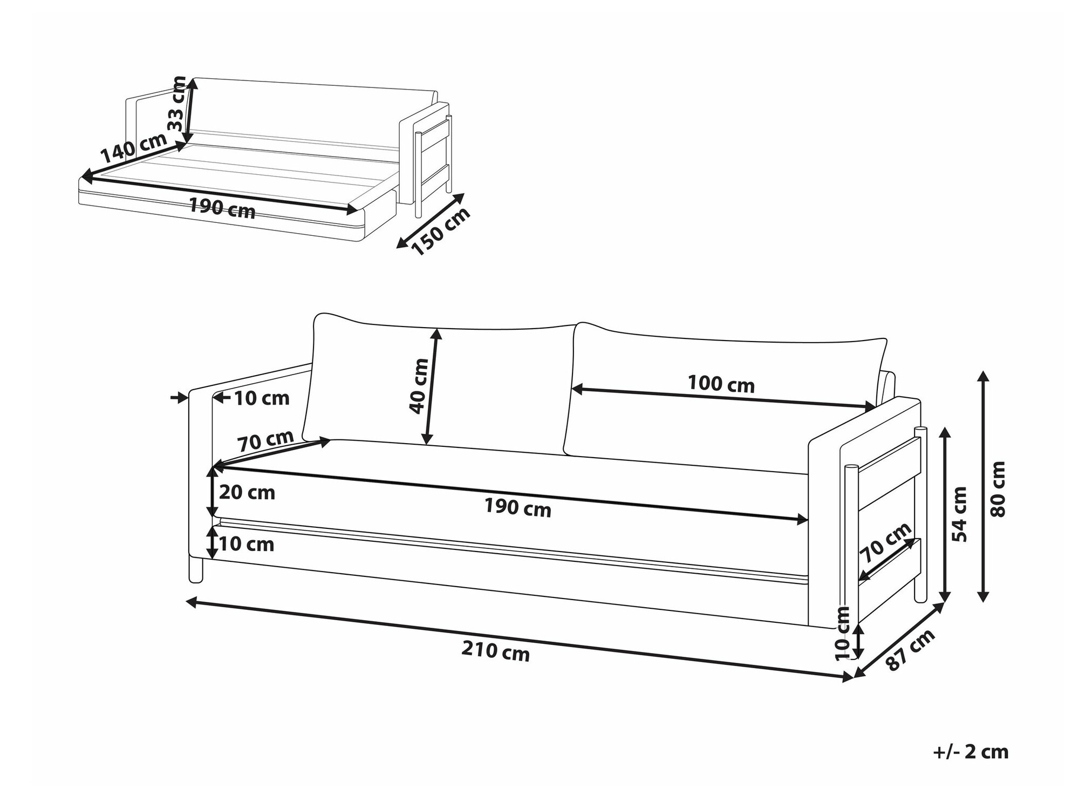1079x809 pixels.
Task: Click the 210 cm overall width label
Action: tap(495, 651)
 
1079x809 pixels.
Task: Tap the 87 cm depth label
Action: tap(911, 650)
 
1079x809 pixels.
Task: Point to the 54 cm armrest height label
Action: tap(960, 514)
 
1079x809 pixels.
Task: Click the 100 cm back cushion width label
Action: tap(721, 384)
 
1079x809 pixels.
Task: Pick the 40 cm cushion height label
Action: tap(419, 386)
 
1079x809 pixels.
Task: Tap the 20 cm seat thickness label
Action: tap(247, 492)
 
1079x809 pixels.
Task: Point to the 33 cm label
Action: tap(176, 103)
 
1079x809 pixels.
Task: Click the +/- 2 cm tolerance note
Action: tap(971, 752)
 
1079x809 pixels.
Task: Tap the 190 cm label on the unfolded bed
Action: tap(222, 208)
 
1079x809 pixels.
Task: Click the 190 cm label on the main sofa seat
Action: tap(517, 507)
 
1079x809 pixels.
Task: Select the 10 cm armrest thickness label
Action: tap(262, 398)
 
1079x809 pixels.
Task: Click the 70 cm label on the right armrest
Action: tap(885, 543)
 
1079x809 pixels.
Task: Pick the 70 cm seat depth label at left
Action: tap(266, 440)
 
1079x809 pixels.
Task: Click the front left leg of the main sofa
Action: tap(196, 570)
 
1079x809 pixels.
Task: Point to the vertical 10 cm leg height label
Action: tap(842, 633)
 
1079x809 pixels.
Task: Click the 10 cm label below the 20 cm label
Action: tap(247, 544)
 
